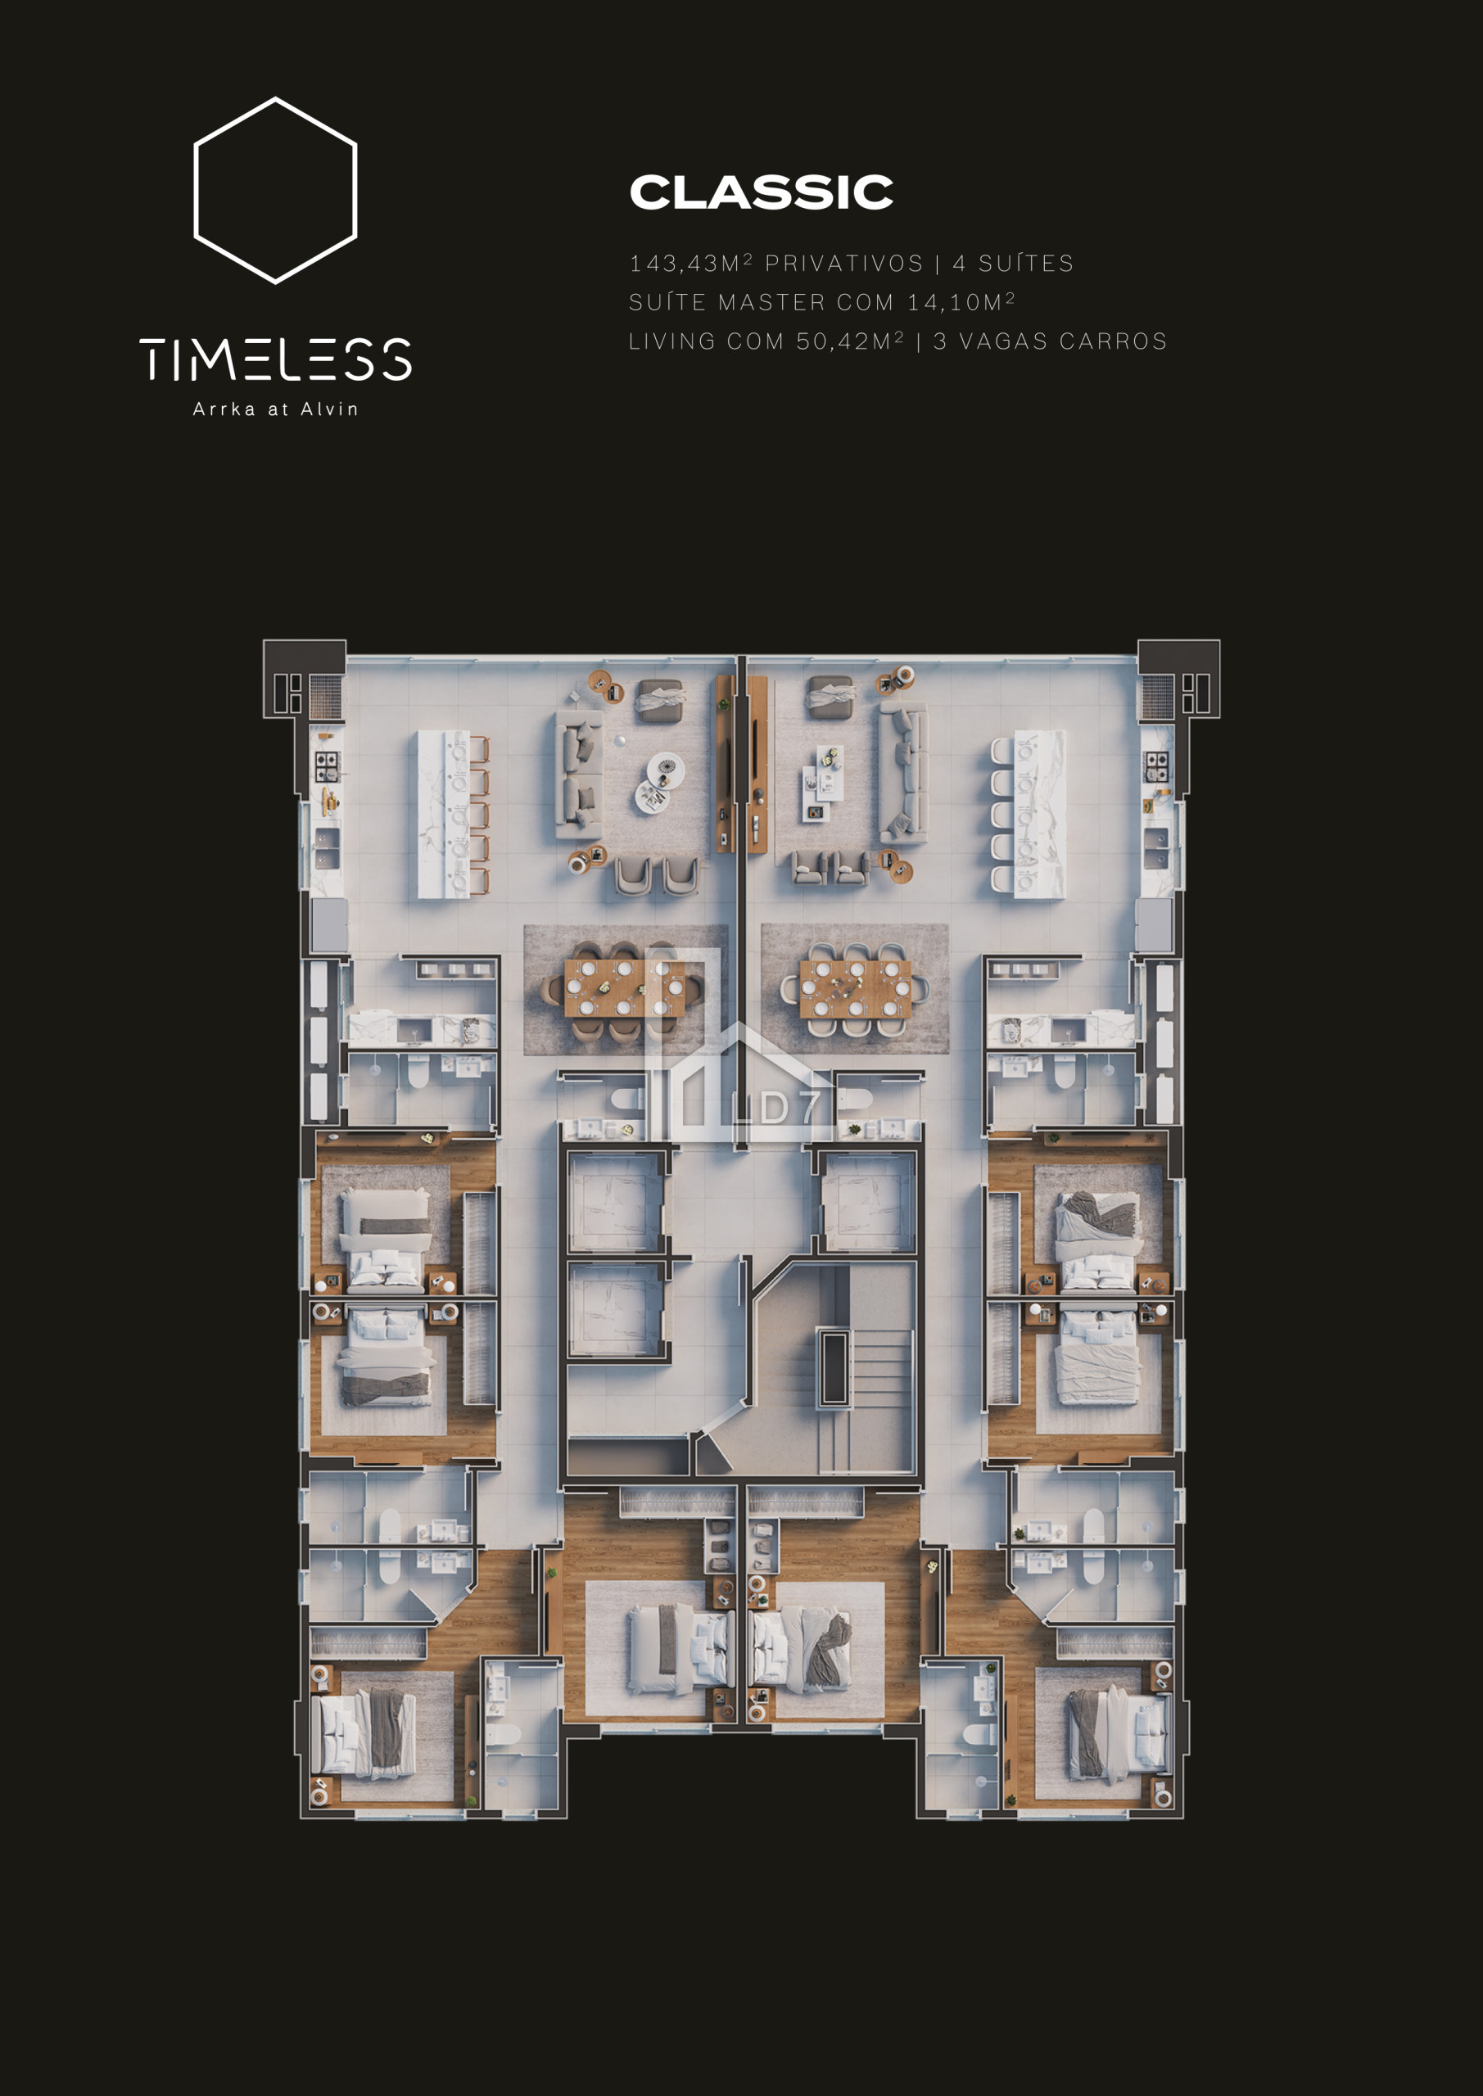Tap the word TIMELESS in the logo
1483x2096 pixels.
[x=276, y=359]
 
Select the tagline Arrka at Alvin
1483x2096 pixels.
[x=276, y=409]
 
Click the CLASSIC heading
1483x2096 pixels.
[x=762, y=192]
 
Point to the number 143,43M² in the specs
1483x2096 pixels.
[x=691, y=263]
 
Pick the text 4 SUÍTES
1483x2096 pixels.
[x=1014, y=263]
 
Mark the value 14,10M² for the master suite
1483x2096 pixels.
[x=961, y=301]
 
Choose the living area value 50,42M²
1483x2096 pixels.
[x=850, y=341]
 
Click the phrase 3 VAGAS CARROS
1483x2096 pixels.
[x=1050, y=341]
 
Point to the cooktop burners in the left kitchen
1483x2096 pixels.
[x=326, y=766]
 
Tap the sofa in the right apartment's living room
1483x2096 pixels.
[x=903, y=772]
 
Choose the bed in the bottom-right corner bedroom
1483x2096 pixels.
[x=1119, y=1733]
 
